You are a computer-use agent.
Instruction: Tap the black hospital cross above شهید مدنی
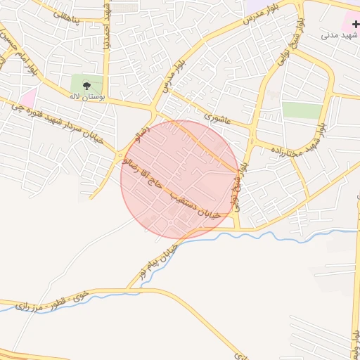[x=355, y=24]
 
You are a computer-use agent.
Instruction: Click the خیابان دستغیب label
[x=197, y=202]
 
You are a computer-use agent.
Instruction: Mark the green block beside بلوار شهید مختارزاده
[x=302, y=110]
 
